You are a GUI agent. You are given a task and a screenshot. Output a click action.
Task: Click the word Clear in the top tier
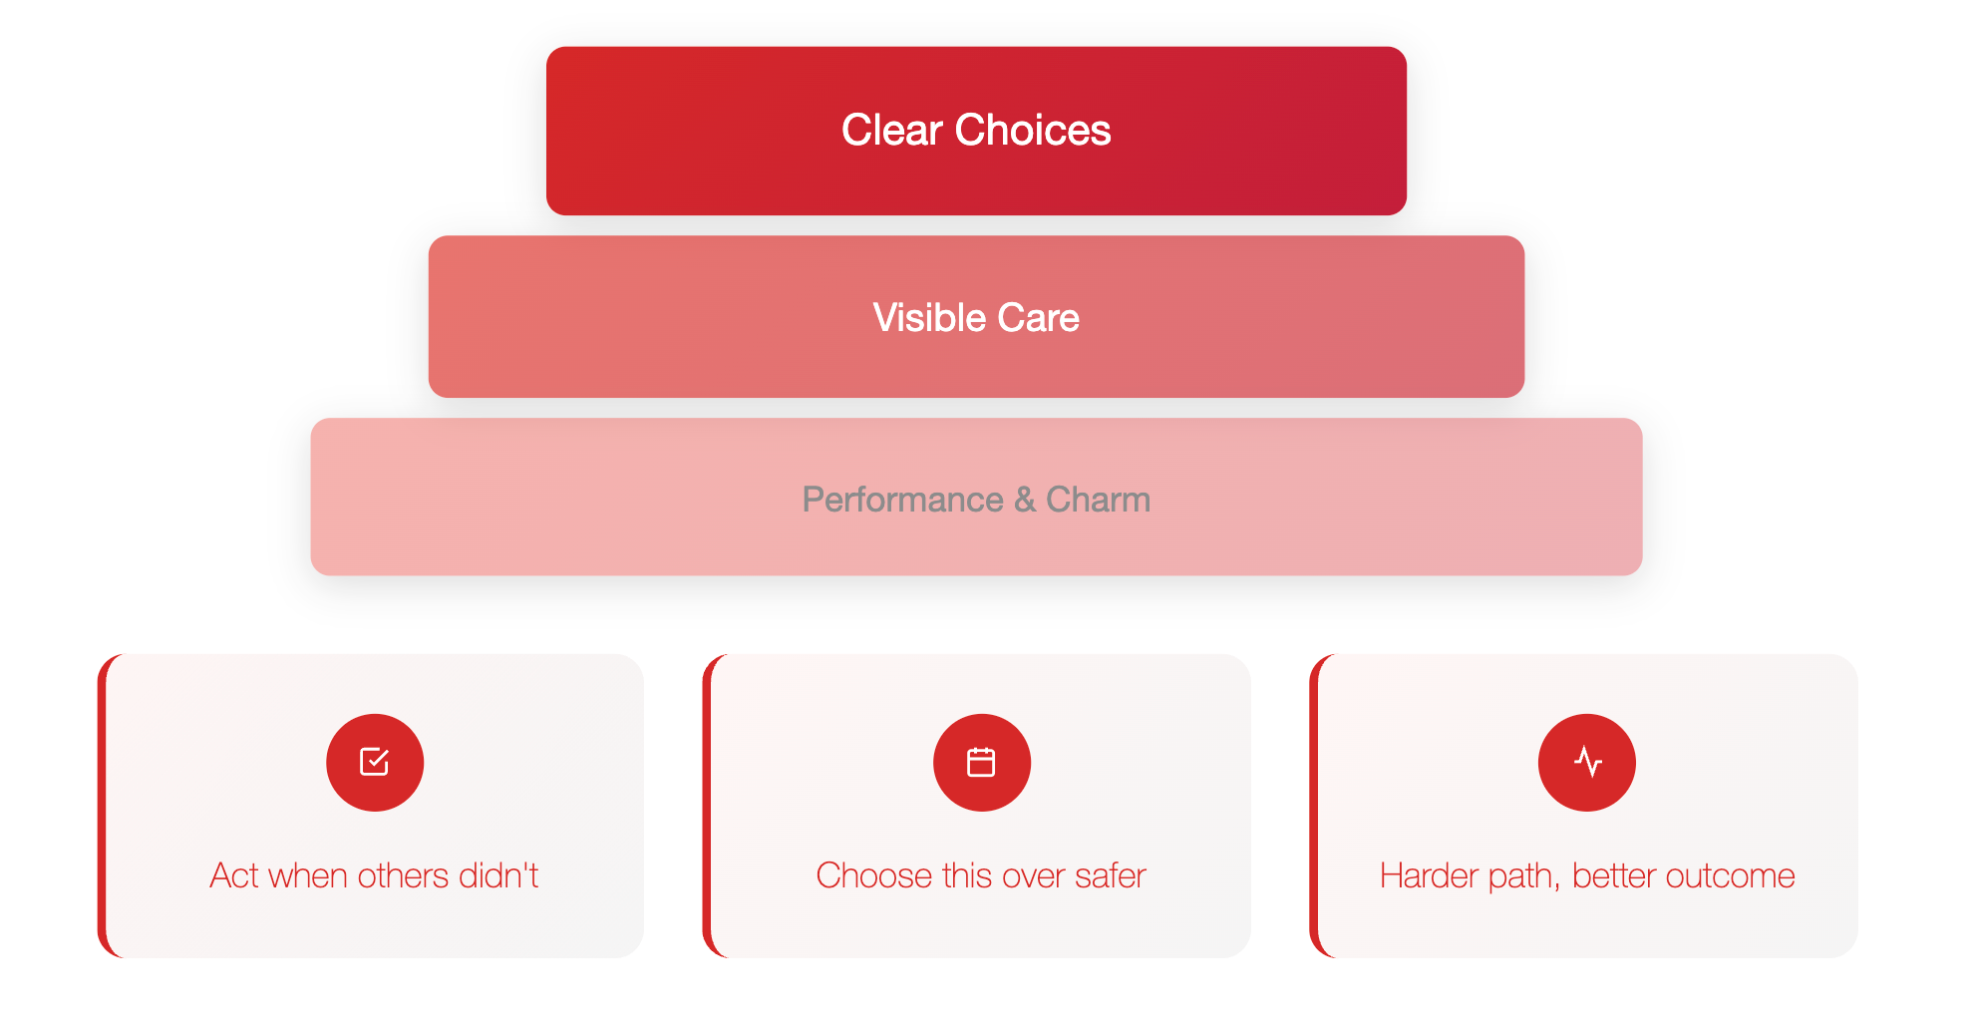pyautogui.click(x=891, y=130)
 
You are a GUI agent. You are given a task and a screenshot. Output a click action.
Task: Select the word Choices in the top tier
pyautogui.click(x=1032, y=130)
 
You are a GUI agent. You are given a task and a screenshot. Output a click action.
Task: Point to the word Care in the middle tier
pyautogui.click(x=1038, y=317)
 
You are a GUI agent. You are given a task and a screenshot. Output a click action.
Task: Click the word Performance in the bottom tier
pyautogui.click(x=902, y=500)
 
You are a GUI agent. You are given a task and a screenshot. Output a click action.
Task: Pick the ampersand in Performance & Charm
pyautogui.click(x=1024, y=500)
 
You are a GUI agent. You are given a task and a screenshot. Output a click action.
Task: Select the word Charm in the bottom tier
pyautogui.click(x=1098, y=500)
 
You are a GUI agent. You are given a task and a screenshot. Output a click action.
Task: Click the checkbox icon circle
pyautogui.click(x=375, y=763)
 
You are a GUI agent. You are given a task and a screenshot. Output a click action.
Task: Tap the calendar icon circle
pyautogui.click(x=982, y=763)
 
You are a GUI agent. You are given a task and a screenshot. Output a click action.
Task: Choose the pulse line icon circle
pyautogui.click(x=1587, y=763)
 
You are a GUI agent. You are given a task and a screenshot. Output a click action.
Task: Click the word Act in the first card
pyautogui.click(x=234, y=875)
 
